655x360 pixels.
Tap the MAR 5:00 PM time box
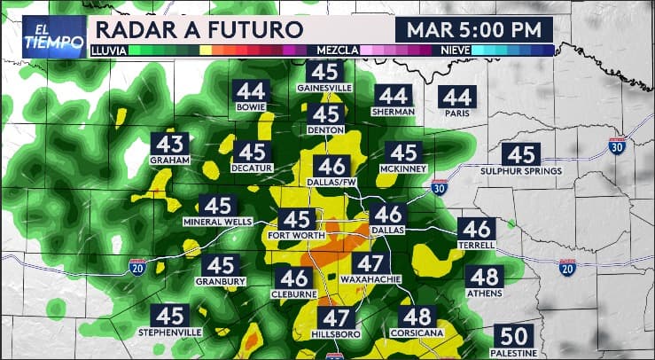[473, 29]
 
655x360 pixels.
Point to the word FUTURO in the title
[253, 29]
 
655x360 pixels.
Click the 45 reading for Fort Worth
[295, 219]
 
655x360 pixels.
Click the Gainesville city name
[326, 89]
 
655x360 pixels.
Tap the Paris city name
[457, 113]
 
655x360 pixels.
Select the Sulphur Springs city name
[520, 171]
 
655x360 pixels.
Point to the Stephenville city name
[170, 332]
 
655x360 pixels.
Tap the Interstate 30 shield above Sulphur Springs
[618, 143]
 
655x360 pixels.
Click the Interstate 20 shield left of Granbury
[136, 265]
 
